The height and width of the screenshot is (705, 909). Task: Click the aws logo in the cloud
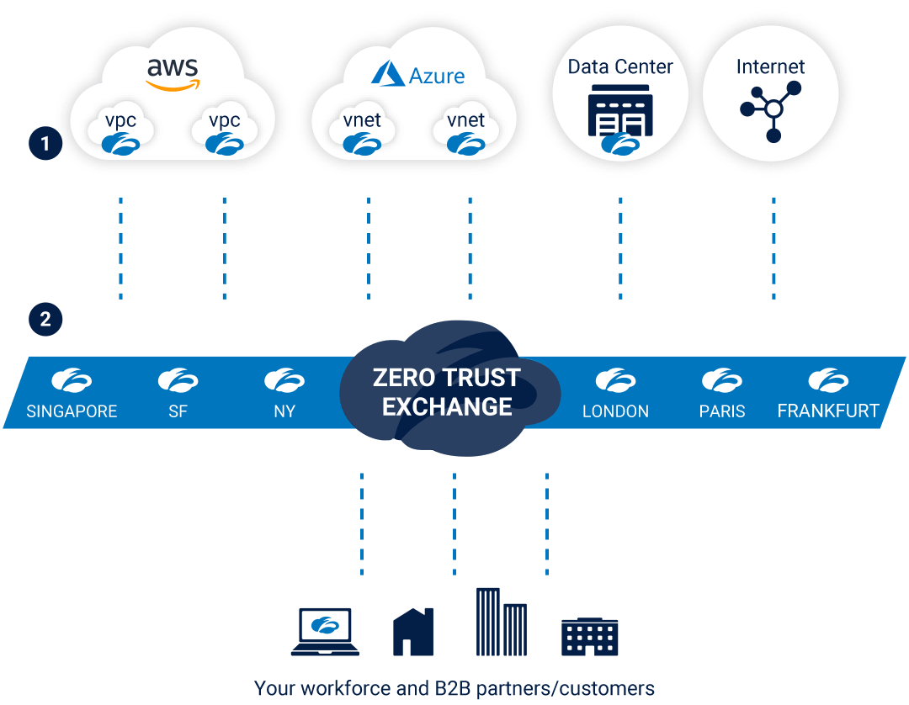(x=173, y=72)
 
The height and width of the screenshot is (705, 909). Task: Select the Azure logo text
(x=437, y=76)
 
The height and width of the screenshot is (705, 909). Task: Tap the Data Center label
(x=620, y=66)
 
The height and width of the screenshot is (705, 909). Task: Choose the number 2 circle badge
(x=45, y=319)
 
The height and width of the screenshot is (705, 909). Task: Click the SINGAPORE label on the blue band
(x=72, y=411)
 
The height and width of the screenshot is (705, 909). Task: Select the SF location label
(x=178, y=411)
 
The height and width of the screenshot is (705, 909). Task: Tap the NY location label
(x=284, y=411)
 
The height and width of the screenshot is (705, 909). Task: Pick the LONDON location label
(x=615, y=411)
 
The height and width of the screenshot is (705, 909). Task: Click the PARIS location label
(x=721, y=411)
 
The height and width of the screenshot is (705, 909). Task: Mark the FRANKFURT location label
(x=828, y=411)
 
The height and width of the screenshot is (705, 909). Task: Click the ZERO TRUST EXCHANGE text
(x=447, y=392)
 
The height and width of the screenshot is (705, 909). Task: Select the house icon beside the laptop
(x=412, y=632)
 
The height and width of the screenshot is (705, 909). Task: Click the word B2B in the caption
(x=445, y=688)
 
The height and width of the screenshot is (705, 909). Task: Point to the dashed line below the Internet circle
(x=773, y=248)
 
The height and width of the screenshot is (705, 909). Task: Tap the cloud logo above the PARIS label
(x=721, y=380)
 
